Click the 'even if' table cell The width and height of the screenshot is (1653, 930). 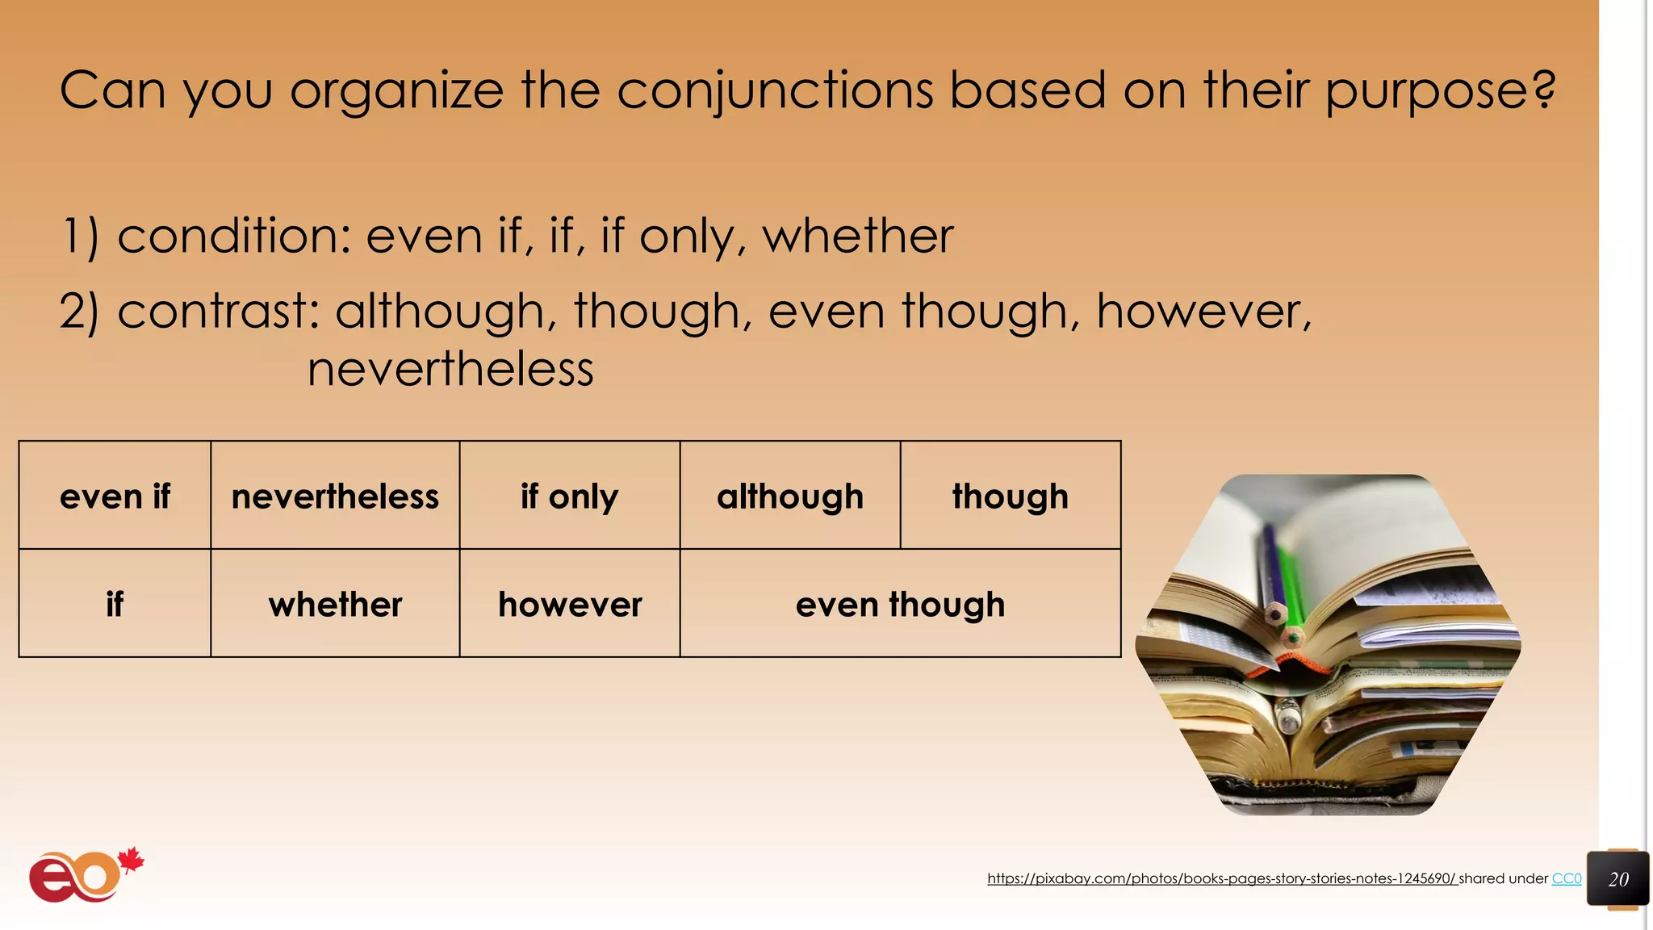click(x=115, y=496)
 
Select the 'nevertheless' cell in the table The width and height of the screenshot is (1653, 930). click(x=335, y=496)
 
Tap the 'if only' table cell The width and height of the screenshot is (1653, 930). click(x=569, y=496)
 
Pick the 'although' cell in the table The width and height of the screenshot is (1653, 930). click(x=789, y=496)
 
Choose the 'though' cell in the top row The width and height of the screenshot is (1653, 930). click(x=1010, y=496)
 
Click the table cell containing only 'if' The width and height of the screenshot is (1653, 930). click(x=115, y=604)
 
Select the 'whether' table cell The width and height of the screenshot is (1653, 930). click(x=335, y=604)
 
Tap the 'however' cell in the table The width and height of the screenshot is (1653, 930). click(x=569, y=604)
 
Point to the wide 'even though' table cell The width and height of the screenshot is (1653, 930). click(x=900, y=604)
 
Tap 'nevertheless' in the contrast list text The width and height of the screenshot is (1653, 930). click(x=450, y=370)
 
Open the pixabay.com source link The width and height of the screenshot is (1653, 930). click(x=1221, y=878)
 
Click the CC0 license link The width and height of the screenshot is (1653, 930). click(x=1566, y=878)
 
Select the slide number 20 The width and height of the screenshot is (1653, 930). click(x=1617, y=879)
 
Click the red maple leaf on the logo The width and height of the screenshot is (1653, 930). click(x=131, y=861)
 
